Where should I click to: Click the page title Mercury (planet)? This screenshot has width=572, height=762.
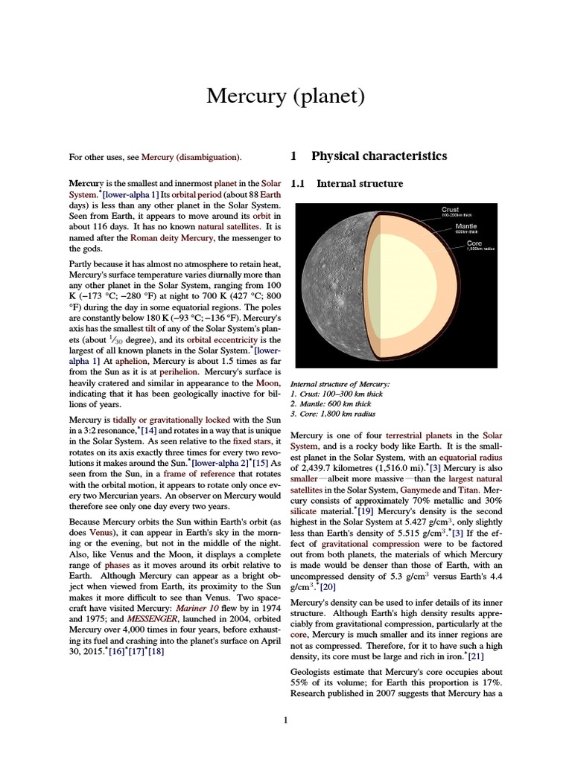(x=285, y=96)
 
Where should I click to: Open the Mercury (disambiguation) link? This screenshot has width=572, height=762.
(x=191, y=157)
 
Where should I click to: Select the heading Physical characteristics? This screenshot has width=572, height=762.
(x=378, y=156)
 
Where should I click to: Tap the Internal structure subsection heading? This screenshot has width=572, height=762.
(x=360, y=184)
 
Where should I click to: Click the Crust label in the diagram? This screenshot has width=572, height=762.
(x=450, y=210)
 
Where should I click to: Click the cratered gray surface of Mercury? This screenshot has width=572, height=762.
(x=328, y=290)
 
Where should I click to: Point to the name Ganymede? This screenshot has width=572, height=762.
(x=400, y=490)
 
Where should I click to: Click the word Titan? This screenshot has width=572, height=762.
(x=448, y=490)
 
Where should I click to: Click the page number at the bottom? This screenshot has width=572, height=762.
(x=285, y=720)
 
